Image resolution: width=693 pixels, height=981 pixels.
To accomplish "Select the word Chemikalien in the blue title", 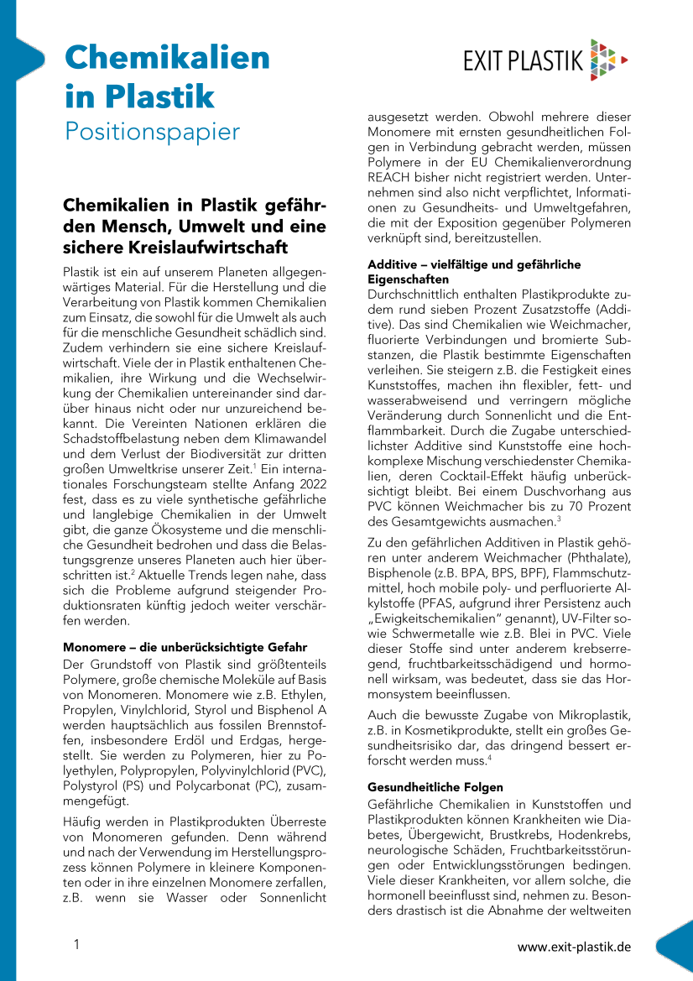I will click(168, 58).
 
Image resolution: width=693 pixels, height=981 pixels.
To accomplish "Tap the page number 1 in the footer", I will click(76, 946).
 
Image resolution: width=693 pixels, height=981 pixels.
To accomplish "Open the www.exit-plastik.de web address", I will click(574, 947).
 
